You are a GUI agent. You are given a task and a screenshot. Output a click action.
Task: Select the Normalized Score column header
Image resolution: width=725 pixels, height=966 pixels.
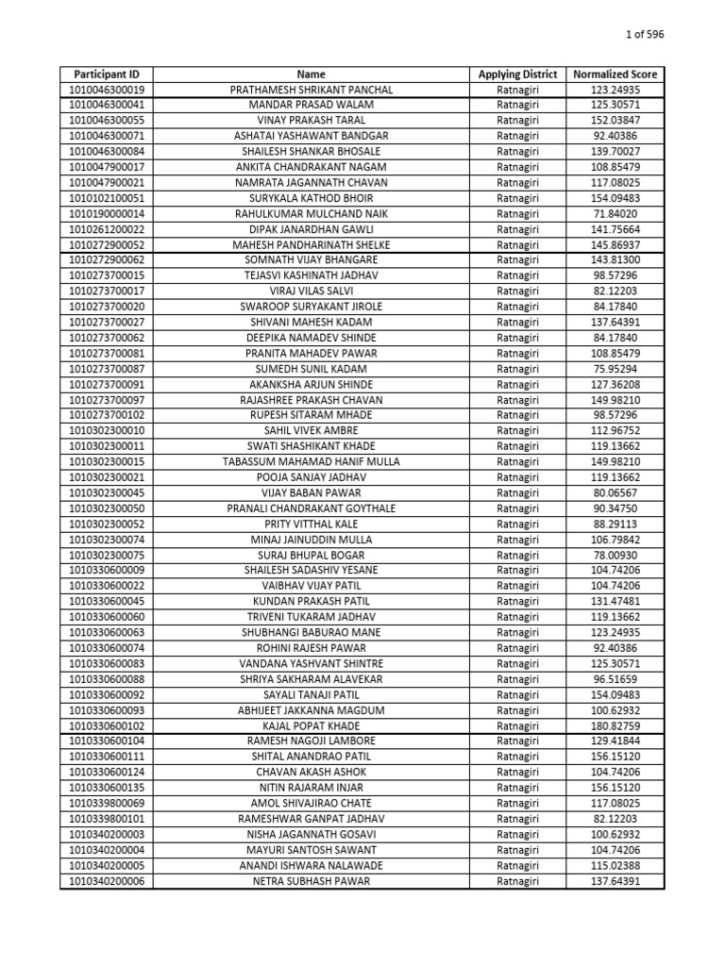(x=615, y=74)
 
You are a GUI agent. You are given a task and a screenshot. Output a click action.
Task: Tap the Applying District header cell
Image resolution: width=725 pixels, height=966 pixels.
(x=517, y=74)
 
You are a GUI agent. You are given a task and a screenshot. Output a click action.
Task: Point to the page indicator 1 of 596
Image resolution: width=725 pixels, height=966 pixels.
(x=646, y=35)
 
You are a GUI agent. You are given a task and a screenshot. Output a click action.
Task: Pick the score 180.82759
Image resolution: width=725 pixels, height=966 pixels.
(x=615, y=725)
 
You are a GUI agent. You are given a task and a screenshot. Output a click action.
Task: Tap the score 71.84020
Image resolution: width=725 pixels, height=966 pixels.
(x=615, y=214)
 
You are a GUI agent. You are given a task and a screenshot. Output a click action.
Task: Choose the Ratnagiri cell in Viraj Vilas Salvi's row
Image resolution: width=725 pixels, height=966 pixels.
(x=517, y=291)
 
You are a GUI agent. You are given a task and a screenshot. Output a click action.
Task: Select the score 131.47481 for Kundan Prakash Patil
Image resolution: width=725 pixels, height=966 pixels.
(x=615, y=602)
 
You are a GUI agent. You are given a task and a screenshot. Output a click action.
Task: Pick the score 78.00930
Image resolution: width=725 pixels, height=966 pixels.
(x=615, y=555)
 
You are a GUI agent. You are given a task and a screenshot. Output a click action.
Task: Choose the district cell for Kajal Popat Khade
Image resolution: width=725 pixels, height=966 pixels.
(x=517, y=725)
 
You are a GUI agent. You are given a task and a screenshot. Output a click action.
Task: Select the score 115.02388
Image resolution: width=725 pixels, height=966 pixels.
(x=615, y=865)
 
